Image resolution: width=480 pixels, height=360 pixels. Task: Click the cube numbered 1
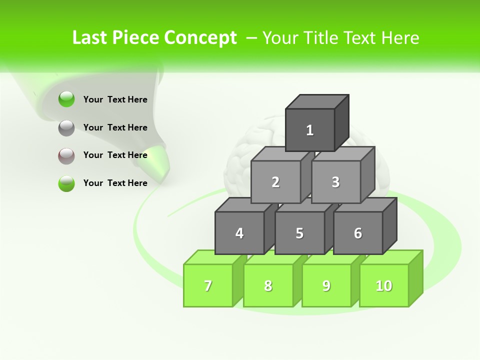pyautogui.click(x=310, y=130)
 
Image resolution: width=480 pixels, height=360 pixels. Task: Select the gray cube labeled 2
pyautogui.click(x=275, y=182)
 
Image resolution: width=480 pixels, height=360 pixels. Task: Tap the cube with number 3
pyautogui.click(x=335, y=182)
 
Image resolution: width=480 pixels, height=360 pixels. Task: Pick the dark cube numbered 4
pyautogui.click(x=239, y=233)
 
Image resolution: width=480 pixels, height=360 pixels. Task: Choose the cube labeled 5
pyautogui.click(x=299, y=233)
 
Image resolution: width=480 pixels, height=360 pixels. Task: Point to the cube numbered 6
pyautogui.click(x=358, y=233)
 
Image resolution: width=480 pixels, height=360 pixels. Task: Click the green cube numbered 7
pyautogui.click(x=208, y=285)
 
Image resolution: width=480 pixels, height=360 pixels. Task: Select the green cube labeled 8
pyautogui.click(x=268, y=285)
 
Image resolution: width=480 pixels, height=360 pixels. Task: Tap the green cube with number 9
pyautogui.click(x=326, y=285)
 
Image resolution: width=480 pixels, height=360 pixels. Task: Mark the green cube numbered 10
pyautogui.click(x=384, y=285)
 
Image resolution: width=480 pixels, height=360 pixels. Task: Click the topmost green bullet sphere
pyautogui.click(x=66, y=99)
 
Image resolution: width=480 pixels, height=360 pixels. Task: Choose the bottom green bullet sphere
pyautogui.click(x=66, y=183)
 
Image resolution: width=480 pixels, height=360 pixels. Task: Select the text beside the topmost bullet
pyautogui.click(x=115, y=99)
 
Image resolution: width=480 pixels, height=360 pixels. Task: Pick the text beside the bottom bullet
pyautogui.click(x=115, y=183)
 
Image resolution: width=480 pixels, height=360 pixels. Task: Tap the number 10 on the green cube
pyautogui.click(x=384, y=285)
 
